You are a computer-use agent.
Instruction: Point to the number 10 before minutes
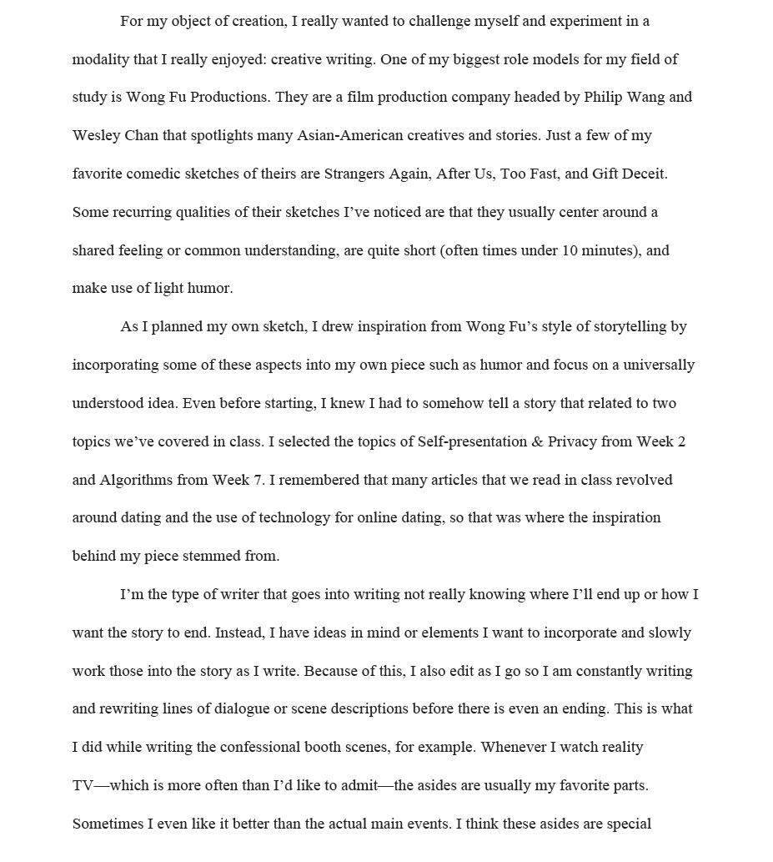pos(570,250)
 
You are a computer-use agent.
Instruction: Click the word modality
pos(100,59)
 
